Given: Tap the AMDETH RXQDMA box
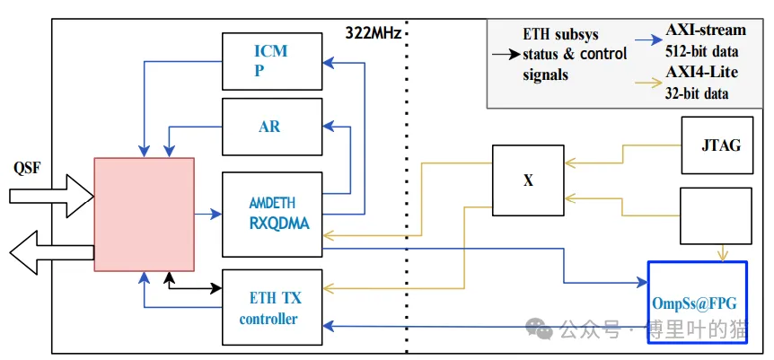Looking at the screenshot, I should (x=271, y=213).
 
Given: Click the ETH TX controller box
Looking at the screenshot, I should (x=271, y=307).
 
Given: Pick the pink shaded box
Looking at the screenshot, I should (x=144, y=214).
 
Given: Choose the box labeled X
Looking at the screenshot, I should (x=528, y=180).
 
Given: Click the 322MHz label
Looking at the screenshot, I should (x=374, y=33).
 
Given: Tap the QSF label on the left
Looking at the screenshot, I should (x=28, y=167).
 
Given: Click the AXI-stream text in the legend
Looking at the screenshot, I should (x=706, y=31).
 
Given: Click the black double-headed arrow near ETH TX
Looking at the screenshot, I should (x=194, y=287).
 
